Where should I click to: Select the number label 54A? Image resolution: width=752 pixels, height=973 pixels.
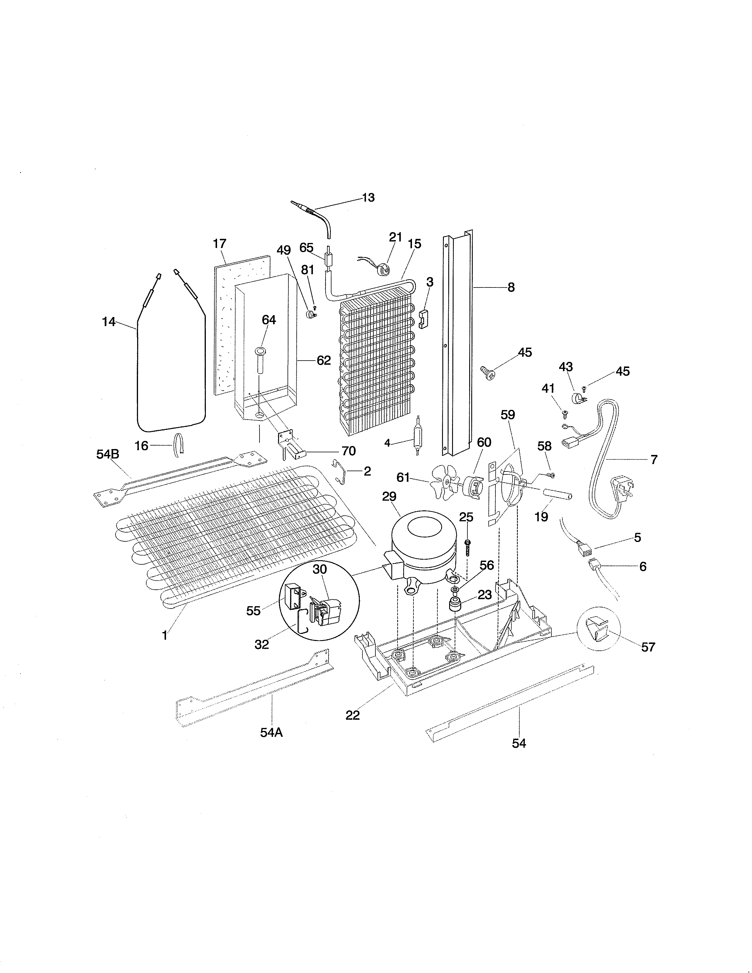tap(271, 732)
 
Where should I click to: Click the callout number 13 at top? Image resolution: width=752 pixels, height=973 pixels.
tap(368, 197)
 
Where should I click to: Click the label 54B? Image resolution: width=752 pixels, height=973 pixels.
tap(108, 454)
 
